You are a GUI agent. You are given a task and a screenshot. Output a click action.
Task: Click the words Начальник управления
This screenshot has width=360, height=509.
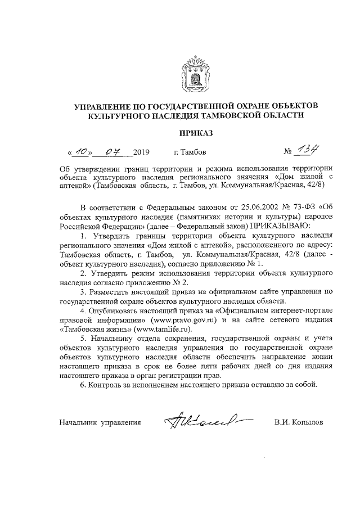pyautogui.click(x=100, y=421)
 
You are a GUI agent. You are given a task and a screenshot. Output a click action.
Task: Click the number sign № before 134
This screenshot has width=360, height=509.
pyautogui.click(x=288, y=152)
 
